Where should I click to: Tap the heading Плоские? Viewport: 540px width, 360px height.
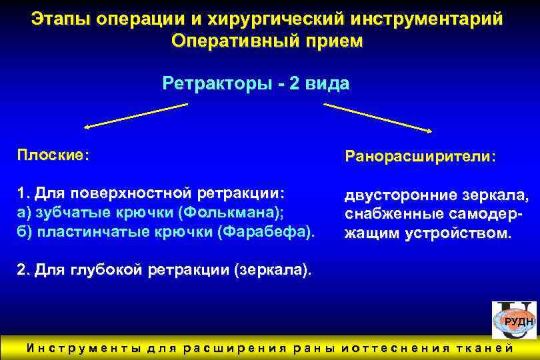pos(53,155)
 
